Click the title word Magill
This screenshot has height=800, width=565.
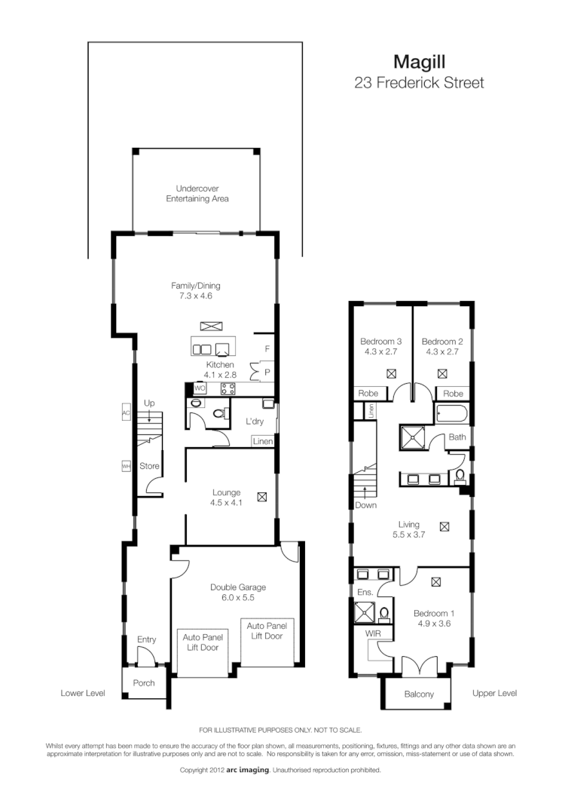(419, 61)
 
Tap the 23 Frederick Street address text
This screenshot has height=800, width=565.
(419, 83)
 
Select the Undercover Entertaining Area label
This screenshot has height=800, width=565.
(197, 194)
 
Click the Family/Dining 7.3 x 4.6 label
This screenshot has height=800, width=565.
(196, 291)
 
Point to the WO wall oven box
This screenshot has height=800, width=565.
(200, 388)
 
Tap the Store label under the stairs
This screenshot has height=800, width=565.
(149, 466)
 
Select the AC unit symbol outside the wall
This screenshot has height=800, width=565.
(126, 413)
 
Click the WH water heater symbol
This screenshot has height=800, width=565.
(126, 466)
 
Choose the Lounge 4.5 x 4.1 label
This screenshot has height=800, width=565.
(227, 498)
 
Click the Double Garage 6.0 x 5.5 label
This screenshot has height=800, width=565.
(237, 592)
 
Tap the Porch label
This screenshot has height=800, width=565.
(143, 683)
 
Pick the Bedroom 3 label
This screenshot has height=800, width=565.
(380, 345)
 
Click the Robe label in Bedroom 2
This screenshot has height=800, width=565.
(454, 394)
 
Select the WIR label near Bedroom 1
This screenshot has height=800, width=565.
(374, 634)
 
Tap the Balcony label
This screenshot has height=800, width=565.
(419, 694)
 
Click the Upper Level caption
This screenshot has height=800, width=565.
(494, 693)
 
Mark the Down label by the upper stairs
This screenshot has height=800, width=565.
(365, 505)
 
